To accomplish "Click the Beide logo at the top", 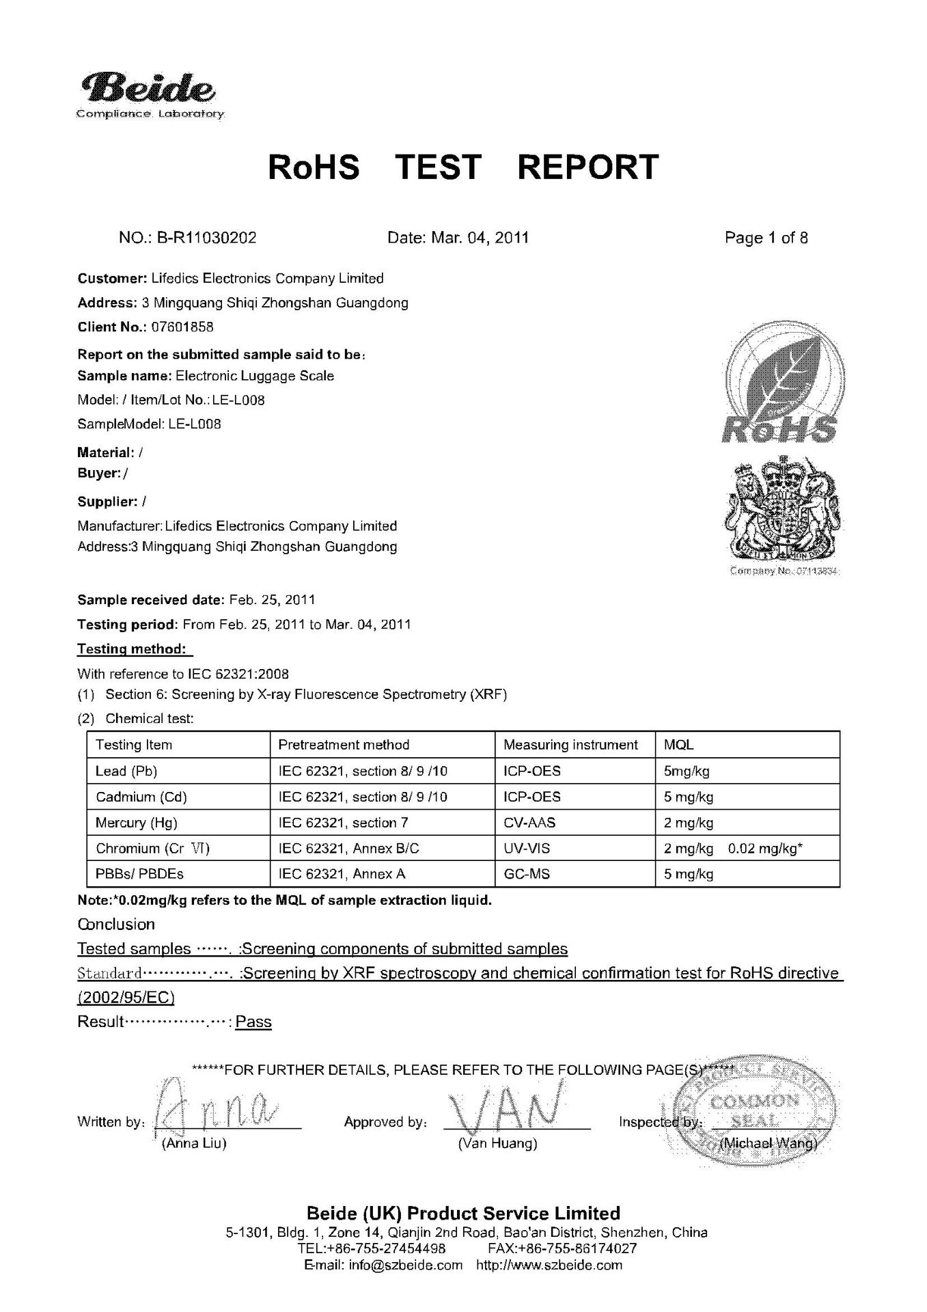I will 149,94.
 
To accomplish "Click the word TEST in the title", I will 439,167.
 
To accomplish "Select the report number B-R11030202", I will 206,238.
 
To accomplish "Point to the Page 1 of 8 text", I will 766,238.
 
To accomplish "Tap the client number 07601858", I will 182,327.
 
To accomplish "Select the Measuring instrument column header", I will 570,745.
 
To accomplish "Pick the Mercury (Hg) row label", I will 137,823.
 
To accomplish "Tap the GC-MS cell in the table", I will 526,874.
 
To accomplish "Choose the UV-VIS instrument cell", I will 526,849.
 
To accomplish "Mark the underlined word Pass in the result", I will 253,1022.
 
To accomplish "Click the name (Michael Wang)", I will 769,1144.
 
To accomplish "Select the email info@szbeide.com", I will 405,1265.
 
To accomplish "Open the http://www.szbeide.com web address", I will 549,1265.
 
